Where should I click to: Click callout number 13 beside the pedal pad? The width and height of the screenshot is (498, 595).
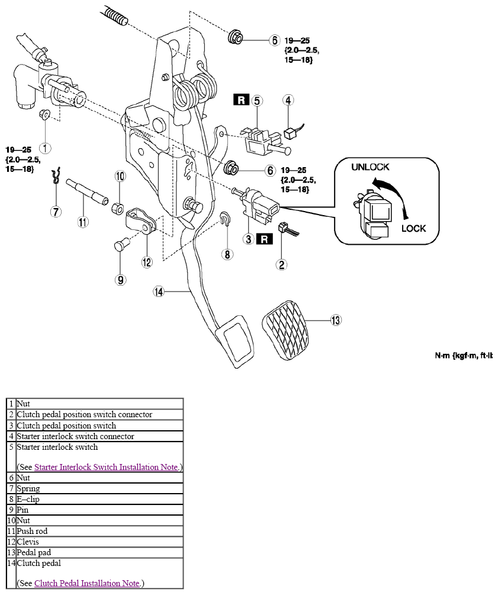336,320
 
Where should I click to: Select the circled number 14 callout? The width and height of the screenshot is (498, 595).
159,292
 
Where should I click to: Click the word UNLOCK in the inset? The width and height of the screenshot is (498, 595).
370,167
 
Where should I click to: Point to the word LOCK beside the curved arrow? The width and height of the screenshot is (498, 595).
414,228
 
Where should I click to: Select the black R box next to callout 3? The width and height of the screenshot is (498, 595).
265,239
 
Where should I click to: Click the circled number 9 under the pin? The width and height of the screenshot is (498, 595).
120,280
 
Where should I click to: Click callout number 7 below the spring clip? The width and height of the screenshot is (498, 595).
56,212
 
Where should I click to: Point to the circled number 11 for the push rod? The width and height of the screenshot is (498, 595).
83,222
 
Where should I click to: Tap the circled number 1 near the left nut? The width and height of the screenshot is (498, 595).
45,148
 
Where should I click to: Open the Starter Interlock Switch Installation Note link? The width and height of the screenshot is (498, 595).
106,467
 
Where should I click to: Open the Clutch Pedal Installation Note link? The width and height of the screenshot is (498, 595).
87,583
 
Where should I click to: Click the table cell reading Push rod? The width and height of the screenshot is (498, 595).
99,531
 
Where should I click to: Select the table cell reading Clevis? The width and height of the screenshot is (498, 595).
99,542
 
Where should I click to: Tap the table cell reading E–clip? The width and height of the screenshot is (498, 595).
99,500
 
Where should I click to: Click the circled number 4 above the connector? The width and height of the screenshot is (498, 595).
288,100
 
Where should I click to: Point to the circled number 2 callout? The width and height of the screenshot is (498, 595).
281,264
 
